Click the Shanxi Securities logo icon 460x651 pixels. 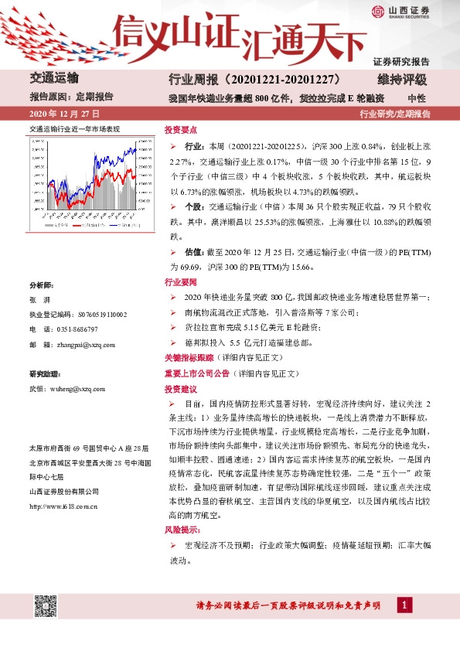(377, 12)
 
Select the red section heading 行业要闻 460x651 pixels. (179, 282)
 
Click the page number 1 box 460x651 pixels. (402, 605)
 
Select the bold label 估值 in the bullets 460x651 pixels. (193, 252)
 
